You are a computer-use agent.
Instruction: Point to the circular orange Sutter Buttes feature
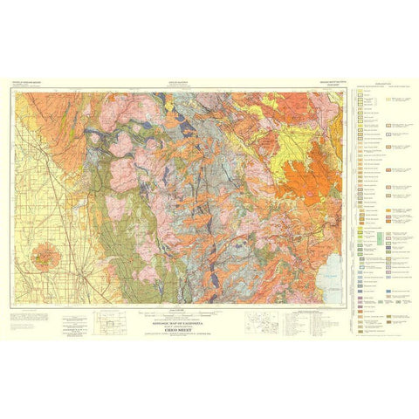tap(42, 258)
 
